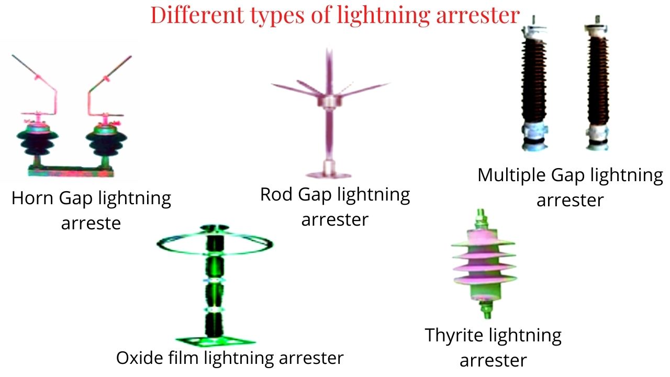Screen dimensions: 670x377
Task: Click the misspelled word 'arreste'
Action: pyautogui.click(x=91, y=224)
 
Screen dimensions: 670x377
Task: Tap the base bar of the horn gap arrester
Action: pyautogui.click(x=71, y=171)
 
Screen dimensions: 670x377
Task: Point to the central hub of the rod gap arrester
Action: pyautogui.click(x=329, y=101)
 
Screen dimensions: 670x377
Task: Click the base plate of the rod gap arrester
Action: pyautogui.click(x=328, y=175)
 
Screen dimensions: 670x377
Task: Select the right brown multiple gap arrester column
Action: pyautogui.click(x=598, y=83)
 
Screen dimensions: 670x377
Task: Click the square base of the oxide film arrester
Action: pyautogui.click(x=215, y=341)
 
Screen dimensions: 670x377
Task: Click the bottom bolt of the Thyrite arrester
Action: pyautogui.click(x=487, y=309)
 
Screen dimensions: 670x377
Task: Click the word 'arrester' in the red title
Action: pyautogui.click(x=478, y=16)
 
